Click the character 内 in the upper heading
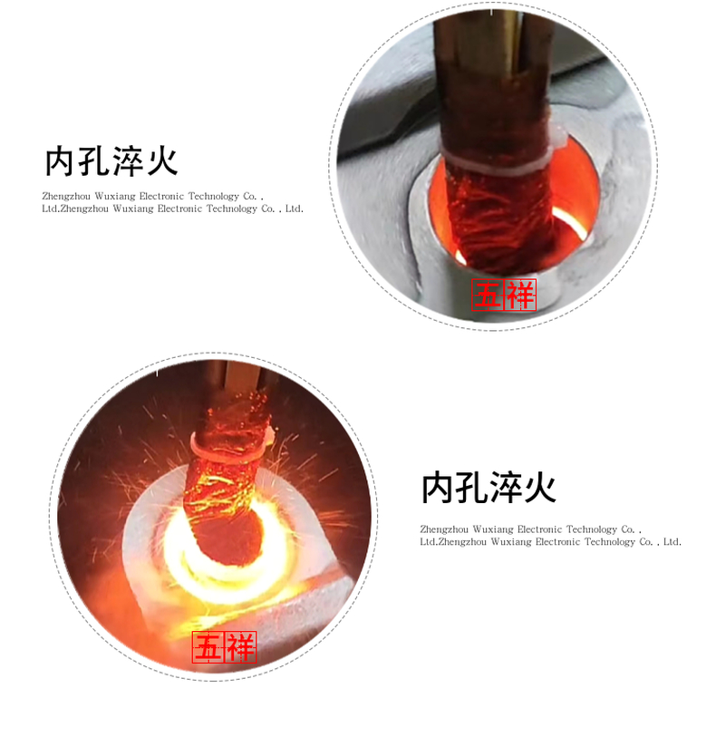60,161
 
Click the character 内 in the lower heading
437,489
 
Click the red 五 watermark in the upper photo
488,296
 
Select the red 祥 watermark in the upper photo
520,296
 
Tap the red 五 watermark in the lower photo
208,647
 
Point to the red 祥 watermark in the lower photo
241,647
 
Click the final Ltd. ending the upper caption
294,209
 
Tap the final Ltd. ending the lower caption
672,542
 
